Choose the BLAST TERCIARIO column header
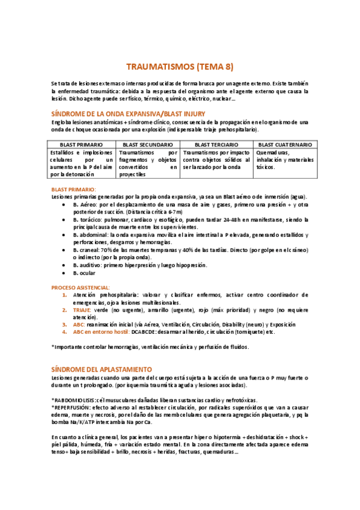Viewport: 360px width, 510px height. [x=217, y=145]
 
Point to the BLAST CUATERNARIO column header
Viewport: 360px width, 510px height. [x=284, y=145]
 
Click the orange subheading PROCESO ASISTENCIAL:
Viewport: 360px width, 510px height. [x=81, y=287]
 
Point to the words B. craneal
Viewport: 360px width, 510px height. [x=87, y=250]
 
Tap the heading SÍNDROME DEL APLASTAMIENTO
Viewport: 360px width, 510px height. [x=102, y=368]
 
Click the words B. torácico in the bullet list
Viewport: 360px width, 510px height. [x=88, y=220]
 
